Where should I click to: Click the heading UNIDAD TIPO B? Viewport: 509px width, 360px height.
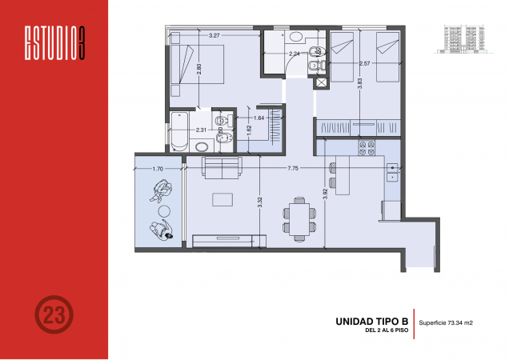click(x=370, y=322)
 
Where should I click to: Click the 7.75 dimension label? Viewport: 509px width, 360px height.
click(x=293, y=169)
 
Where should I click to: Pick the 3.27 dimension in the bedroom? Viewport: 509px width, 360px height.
click(x=214, y=36)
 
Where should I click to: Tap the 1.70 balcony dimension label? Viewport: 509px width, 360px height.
click(x=157, y=169)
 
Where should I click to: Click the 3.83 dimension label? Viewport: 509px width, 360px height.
click(x=362, y=82)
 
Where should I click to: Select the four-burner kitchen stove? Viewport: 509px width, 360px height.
click(x=368, y=147)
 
